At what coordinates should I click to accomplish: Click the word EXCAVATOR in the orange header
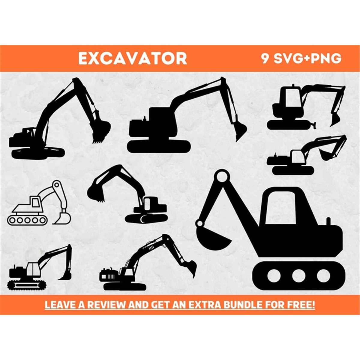(133, 58)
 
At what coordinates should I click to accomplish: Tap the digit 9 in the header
(265, 58)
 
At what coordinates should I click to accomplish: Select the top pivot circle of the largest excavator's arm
(222, 176)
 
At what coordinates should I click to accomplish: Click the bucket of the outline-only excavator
(62, 218)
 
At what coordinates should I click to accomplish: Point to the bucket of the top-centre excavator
(240, 131)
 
